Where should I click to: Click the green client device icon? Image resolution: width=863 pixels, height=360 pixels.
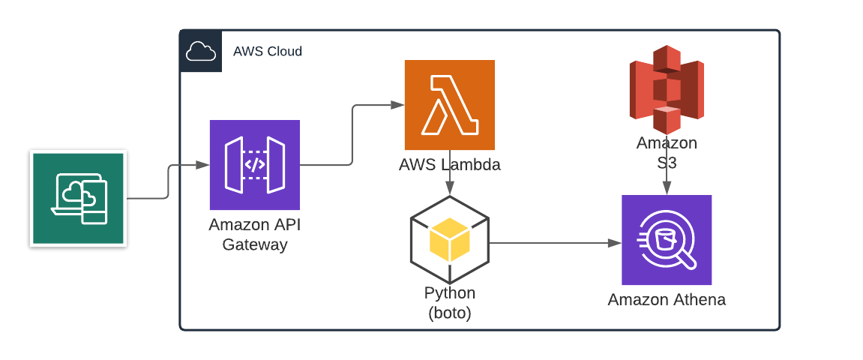pos(78,199)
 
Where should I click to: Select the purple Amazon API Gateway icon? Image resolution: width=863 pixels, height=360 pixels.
pos(255,165)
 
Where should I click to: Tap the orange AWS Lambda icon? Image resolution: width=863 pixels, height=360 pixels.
pos(450,105)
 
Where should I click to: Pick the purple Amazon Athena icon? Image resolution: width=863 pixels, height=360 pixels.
pos(667,240)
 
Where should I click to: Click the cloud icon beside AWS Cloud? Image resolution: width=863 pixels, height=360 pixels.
pos(201,52)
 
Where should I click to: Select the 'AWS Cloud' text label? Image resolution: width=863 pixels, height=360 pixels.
pos(268,52)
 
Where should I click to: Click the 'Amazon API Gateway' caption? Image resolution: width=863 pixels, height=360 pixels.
pos(255,235)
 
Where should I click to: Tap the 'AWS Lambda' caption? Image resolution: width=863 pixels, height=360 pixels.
pos(450,165)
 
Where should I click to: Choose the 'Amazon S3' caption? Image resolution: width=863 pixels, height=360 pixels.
pos(667,152)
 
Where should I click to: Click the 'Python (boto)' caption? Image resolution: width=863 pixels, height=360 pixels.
pos(450,303)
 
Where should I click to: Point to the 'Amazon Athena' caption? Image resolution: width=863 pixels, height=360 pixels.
pos(667,300)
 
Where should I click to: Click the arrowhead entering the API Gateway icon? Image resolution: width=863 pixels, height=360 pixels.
pos(203,165)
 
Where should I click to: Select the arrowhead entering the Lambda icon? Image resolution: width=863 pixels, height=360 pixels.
pos(398,106)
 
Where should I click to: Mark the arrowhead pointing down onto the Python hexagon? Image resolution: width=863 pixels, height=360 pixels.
pos(450,190)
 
